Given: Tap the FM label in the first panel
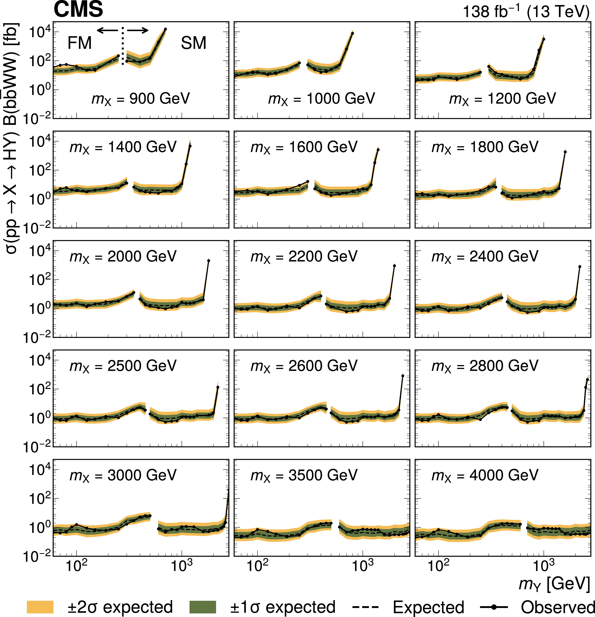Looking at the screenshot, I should [x=80, y=43].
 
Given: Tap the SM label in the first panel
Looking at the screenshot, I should [x=193, y=43].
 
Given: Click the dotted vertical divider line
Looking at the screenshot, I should [x=123, y=47].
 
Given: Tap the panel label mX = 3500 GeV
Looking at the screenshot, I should [x=304, y=475].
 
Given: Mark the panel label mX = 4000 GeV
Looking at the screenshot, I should [x=485, y=475].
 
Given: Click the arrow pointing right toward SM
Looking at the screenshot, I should [x=138, y=30].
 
